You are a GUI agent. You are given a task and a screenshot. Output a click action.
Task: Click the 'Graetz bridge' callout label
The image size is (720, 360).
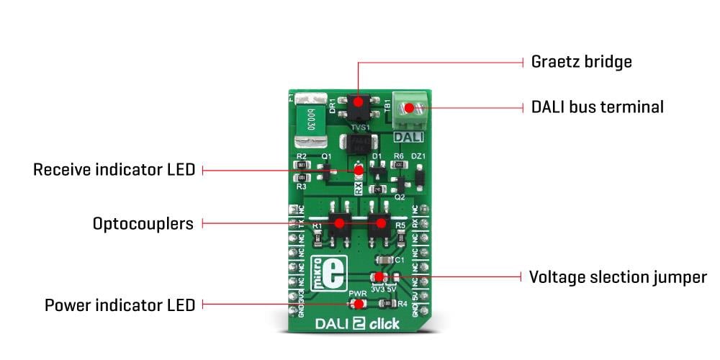581,62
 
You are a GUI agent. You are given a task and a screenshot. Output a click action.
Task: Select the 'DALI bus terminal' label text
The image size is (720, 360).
597,107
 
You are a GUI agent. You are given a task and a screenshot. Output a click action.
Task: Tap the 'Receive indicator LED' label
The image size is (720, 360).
114,170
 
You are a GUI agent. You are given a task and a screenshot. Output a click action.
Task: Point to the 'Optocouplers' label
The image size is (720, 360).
143,224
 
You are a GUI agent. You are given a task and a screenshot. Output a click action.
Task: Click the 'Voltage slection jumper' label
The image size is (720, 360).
618,277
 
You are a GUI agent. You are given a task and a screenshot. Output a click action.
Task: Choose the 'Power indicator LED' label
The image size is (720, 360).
120,305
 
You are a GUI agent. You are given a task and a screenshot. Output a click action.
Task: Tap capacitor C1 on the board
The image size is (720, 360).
384,260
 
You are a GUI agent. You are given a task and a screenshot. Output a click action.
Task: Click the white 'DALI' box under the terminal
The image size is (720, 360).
409,136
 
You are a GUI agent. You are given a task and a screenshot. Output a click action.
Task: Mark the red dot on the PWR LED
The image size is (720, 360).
358,305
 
